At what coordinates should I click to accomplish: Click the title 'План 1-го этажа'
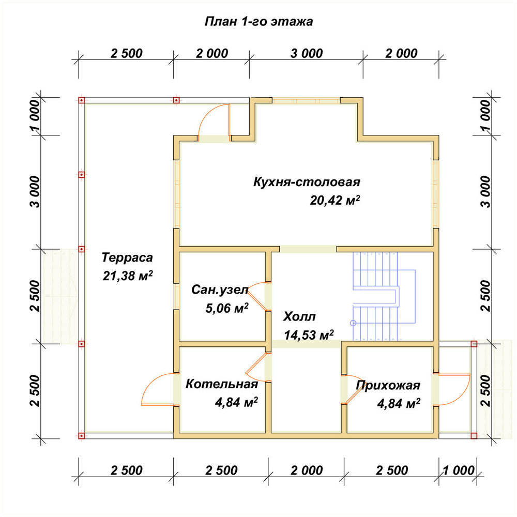pos(259,21)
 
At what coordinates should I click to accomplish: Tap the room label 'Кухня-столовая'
pos(307,182)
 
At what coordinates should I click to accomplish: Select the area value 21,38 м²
pos(128,276)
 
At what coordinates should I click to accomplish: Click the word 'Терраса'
pos(127,257)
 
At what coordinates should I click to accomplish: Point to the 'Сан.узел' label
pos(220,290)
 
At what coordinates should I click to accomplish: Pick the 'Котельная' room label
pos(222,384)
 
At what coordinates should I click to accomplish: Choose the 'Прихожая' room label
pos(388,385)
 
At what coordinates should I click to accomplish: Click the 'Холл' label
pos(299,316)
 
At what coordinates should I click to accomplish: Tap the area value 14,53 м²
pos(309,335)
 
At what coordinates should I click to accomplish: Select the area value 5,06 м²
pos(227,308)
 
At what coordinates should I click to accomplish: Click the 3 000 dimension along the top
pos(307,53)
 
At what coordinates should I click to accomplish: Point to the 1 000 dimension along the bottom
pos(458,470)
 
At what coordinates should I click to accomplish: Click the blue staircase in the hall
pos(384,296)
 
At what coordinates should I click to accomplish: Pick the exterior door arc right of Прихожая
pos(452,389)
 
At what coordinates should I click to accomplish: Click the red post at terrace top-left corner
pos(82,100)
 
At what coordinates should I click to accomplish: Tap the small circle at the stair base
pos(353,323)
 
